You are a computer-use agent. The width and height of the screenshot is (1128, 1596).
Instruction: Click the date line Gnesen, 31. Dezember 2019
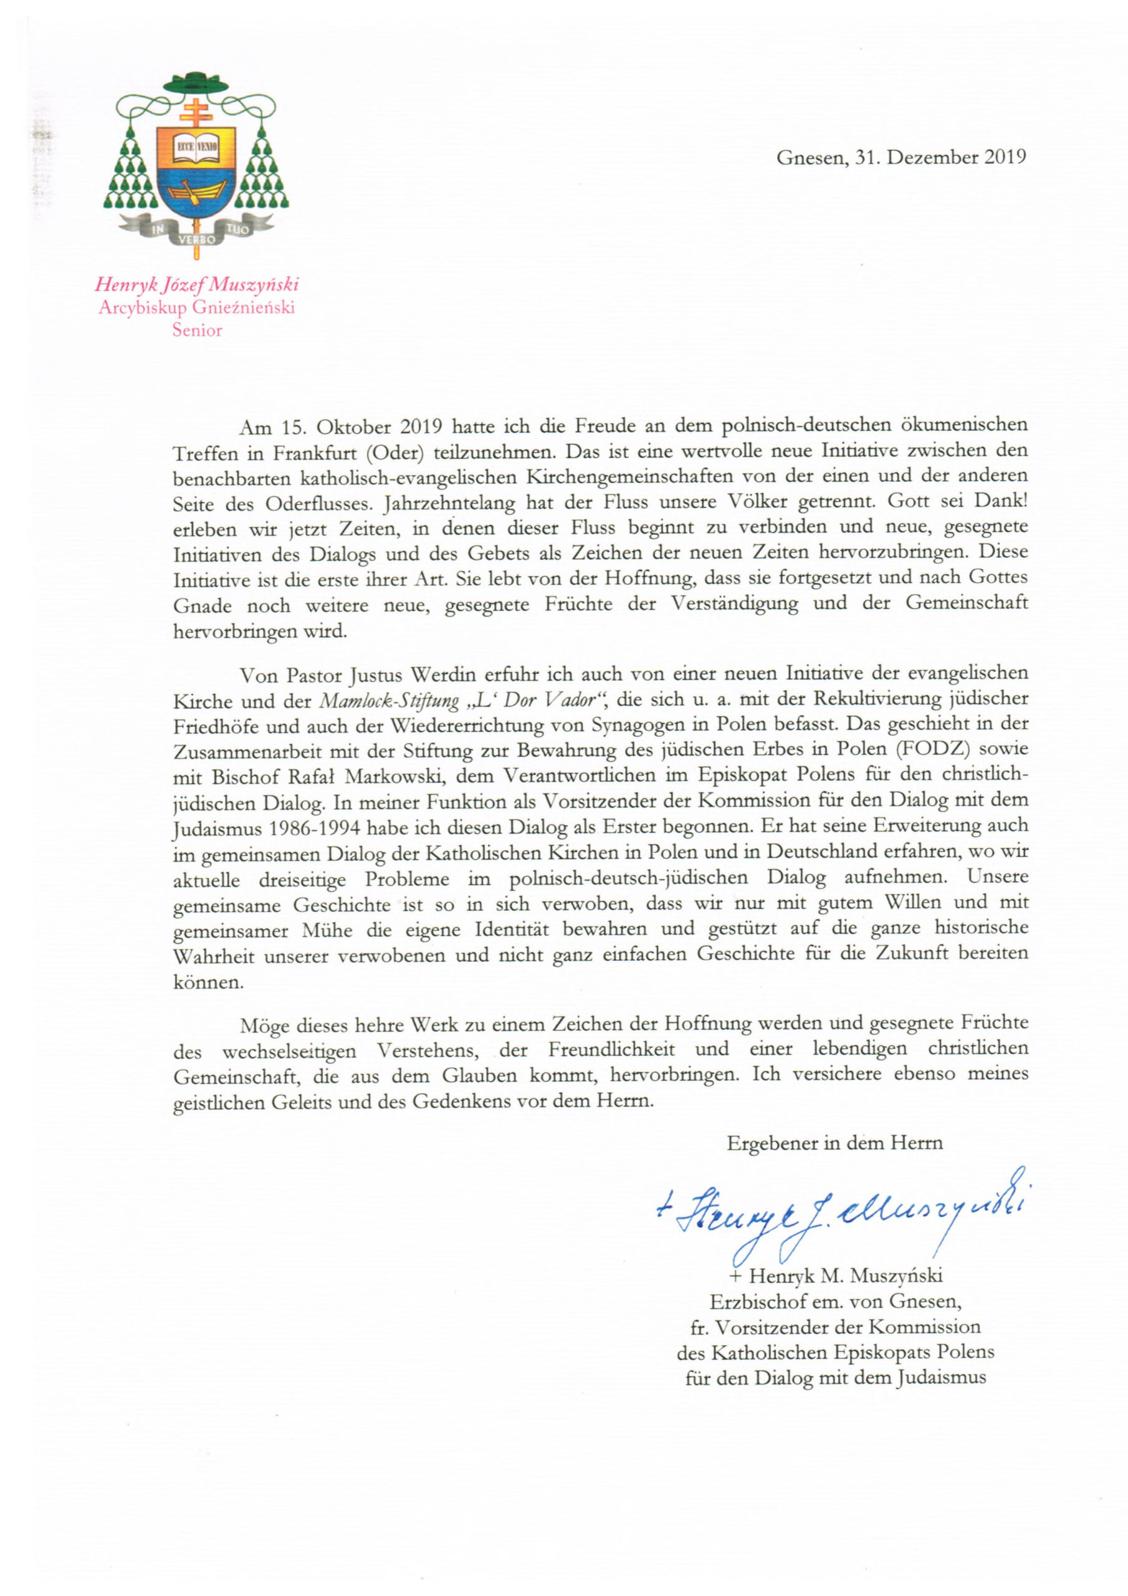click(x=901, y=157)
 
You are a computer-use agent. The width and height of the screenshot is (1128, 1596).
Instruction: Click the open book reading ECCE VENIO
click(x=196, y=147)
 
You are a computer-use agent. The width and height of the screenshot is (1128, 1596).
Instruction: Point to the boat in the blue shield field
click(x=196, y=191)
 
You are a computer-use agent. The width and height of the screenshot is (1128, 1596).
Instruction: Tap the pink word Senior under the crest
click(x=198, y=330)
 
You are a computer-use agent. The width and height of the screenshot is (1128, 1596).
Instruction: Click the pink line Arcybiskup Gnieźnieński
click(x=197, y=307)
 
